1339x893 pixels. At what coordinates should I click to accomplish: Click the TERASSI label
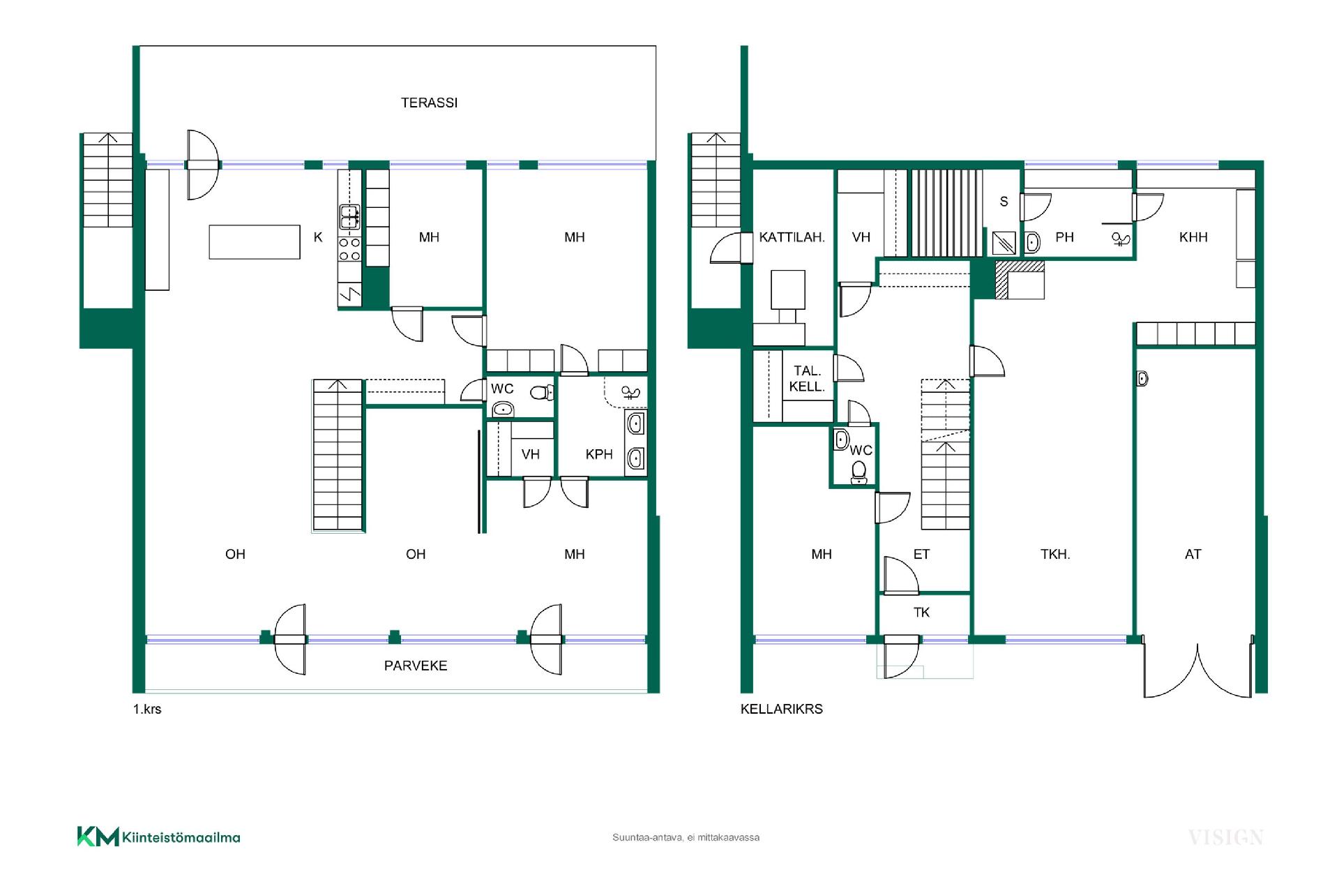click(429, 103)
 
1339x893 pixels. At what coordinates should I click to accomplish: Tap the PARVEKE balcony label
click(416, 666)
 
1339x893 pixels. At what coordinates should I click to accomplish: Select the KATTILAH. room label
click(792, 237)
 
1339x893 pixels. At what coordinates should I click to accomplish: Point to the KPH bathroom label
click(599, 454)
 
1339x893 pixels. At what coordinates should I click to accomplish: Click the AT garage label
click(1193, 554)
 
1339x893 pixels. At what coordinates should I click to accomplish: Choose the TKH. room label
click(1055, 554)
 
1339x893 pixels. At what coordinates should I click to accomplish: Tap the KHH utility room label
click(1193, 237)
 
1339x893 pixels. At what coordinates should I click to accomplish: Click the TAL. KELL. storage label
click(807, 379)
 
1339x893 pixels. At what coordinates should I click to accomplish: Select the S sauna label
click(1004, 202)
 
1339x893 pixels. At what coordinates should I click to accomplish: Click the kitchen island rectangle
click(255, 242)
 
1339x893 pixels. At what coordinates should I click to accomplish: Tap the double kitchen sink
click(349, 217)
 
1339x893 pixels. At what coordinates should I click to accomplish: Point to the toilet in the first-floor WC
click(542, 393)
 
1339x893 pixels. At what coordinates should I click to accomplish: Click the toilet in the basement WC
click(859, 472)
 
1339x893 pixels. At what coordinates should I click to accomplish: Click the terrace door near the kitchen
click(203, 165)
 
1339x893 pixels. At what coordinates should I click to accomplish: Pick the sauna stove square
click(1004, 243)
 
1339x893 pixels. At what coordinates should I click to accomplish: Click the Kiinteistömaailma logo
click(158, 836)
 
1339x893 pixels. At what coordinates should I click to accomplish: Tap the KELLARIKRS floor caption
click(782, 709)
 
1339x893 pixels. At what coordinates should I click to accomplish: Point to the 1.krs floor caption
click(147, 709)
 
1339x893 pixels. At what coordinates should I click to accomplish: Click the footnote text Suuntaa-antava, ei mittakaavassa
click(686, 837)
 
